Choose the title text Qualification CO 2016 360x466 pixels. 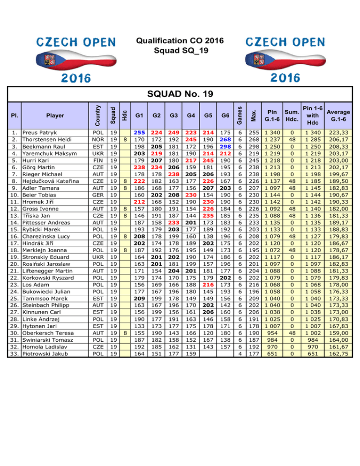coord(180,39)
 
